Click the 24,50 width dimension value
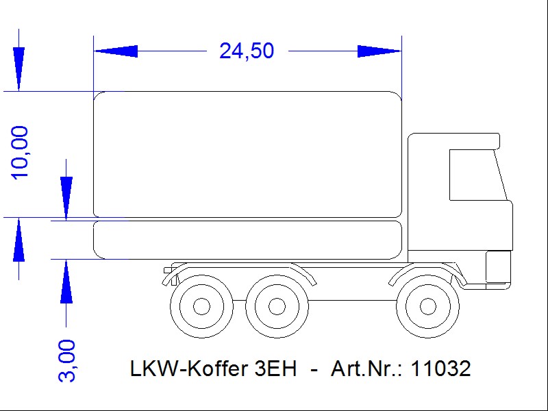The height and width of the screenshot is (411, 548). pyautogui.click(x=247, y=51)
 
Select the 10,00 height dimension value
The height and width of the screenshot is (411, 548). pyautogui.click(x=20, y=153)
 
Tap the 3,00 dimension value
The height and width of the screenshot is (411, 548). pyautogui.click(x=66, y=361)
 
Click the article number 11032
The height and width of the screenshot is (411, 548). pyautogui.click(x=441, y=369)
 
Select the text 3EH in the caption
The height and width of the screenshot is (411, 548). pyautogui.click(x=276, y=369)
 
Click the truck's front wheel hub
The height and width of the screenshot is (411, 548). pyautogui.click(x=427, y=307)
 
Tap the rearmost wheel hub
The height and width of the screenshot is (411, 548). pyautogui.click(x=201, y=306)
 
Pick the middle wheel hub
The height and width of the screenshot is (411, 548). pyautogui.click(x=277, y=307)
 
